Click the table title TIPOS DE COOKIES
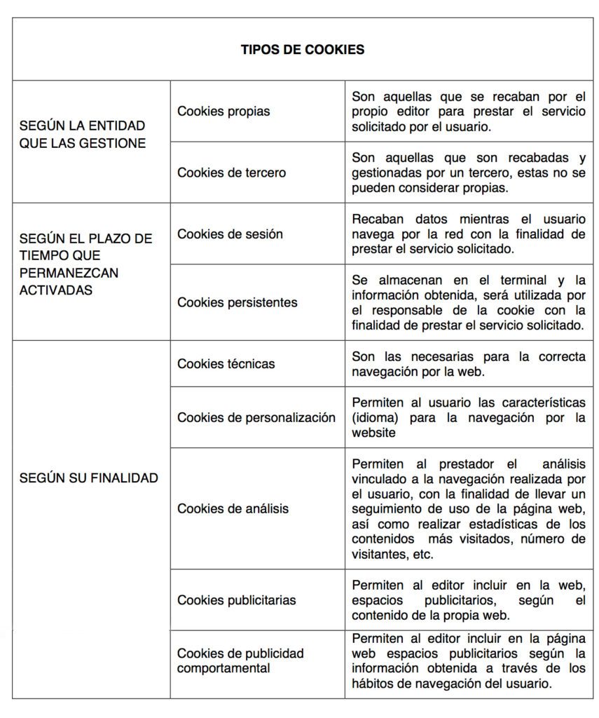tap(302, 50)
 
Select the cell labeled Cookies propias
tap(223, 111)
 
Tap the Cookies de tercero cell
tap(231, 172)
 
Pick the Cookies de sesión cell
tap(230, 233)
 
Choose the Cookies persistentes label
tap(237, 302)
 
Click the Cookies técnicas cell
tap(226, 363)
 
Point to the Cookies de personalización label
tap(256, 417)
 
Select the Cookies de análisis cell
tap(233, 508)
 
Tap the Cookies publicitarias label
tap(236, 600)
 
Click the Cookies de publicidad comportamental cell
tap(240, 661)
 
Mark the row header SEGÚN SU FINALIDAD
tap(88, 477)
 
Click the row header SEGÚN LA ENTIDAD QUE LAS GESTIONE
tap(83, 135)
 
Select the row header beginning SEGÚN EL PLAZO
tap(85, 264)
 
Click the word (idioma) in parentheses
tap(376, 418)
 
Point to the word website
tap(373, 433)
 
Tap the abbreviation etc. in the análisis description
tap(422, 554)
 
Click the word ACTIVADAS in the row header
tap(55, 290)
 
